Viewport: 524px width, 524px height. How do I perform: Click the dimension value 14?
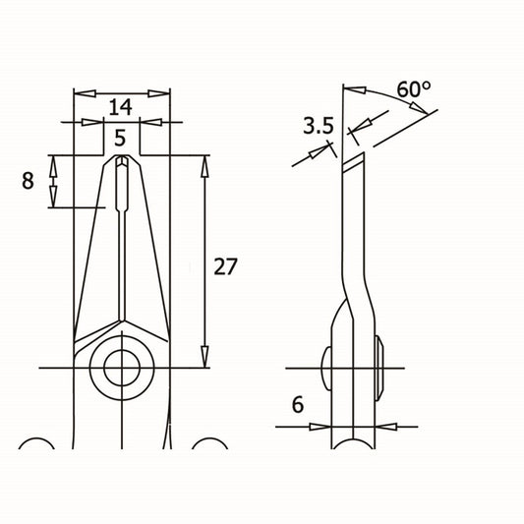pyautogui.click(x=121, y=107)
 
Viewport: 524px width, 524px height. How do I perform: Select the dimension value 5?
pyautogui.click(x=120, y=138)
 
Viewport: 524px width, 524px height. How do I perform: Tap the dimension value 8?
pyautogui.click(x=28, y=181)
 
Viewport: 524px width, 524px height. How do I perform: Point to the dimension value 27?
pyautogui.click(x=225, y=266)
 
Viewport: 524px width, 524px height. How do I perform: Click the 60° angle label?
pyautogui.click(x=414, y=88)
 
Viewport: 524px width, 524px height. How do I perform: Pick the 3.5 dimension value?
pyautogui.click(x=319, y=126)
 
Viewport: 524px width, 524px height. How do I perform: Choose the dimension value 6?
pyautogui.click(x=298, y=404)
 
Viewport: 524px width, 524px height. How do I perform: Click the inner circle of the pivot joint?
pyautogui.click(x=122, y=368)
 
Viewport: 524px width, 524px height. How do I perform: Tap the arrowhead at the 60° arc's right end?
pyautogui.click(x=420, y=108)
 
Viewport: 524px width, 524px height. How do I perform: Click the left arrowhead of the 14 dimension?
pyautogui.click(x=85, y=93)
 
